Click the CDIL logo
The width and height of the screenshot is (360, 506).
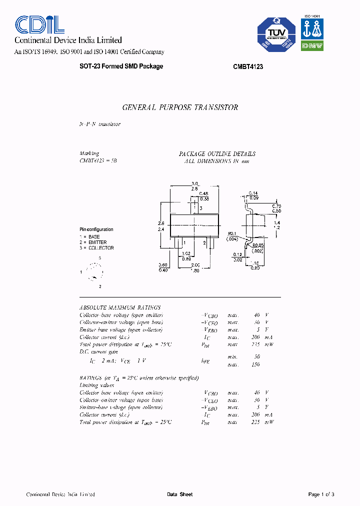(39, 24)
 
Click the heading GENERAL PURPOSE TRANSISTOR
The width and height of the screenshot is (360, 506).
(180, 107)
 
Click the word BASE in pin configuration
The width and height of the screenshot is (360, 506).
(94, 237)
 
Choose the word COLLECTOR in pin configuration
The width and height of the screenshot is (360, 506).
(100, 248)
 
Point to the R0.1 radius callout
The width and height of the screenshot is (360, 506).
(232, 233)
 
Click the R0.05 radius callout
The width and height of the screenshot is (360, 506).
(257, 245)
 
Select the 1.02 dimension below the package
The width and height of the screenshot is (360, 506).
(186, 253)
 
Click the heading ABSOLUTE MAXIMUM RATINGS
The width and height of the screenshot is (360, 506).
(120, 307)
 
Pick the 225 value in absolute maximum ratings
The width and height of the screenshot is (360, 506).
(255, 344)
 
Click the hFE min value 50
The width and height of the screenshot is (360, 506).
(256, 357)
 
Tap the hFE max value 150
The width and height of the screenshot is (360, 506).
(255, 364)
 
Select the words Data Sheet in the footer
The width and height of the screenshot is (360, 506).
(179, 494)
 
